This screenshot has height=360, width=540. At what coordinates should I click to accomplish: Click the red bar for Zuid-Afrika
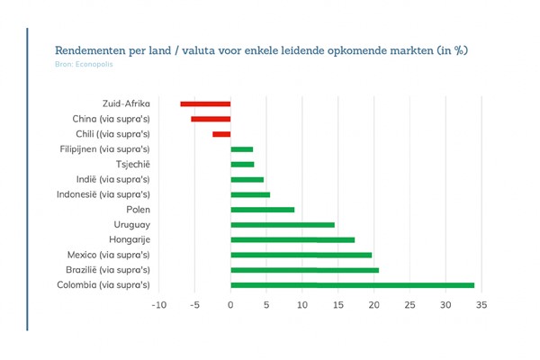[205, 103]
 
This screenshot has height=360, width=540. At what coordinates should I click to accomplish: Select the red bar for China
[211, 119]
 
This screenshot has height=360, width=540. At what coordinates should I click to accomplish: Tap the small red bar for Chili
[221, 134]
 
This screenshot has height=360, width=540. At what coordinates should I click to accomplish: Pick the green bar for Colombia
[352, 285]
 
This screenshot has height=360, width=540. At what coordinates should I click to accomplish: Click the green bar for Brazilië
[304, 270]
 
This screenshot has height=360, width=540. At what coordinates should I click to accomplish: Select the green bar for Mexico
[301, 255]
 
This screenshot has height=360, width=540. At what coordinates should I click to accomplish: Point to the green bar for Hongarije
[292, 239]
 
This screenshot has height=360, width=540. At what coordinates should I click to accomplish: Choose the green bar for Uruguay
[283, 224]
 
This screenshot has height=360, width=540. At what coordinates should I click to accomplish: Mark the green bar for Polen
[262, 210]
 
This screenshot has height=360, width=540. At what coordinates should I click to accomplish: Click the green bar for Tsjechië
[242, 164]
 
